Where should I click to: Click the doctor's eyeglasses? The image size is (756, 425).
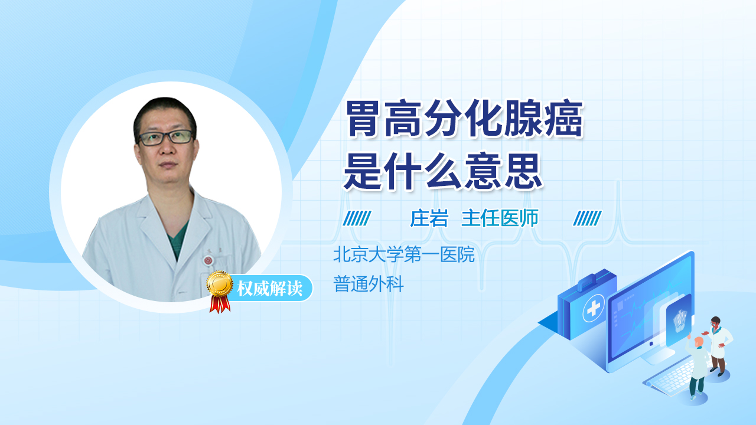(166, 138)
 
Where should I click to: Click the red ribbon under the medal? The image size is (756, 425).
(220, 304)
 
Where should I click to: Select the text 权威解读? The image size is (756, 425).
(269, 289)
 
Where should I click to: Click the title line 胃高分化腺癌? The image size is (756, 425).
(464, 119)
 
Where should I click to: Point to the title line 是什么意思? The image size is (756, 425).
(443, 171)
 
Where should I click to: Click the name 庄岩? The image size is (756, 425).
(429, 218)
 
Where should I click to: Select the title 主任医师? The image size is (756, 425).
(500, 218)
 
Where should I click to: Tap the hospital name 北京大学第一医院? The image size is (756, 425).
(404, 254)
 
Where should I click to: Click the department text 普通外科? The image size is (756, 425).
(369, 284)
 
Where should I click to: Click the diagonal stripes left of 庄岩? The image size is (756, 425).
(357, 218)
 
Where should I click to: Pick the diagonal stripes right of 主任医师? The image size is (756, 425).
(587, 218)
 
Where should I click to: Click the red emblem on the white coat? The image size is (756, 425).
(208, 260)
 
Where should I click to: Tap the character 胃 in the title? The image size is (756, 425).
(363, 119)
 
